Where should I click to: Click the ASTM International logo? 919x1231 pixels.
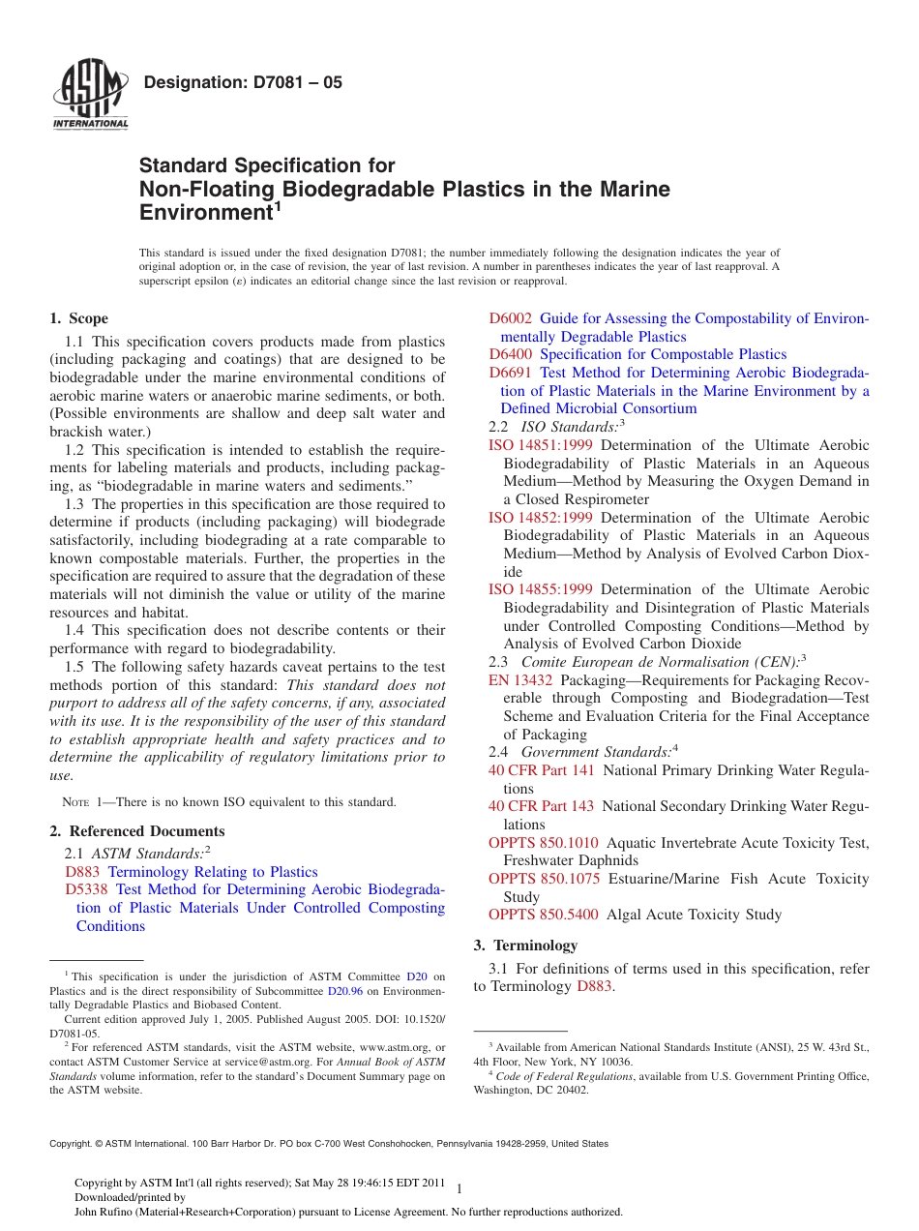[90, 95]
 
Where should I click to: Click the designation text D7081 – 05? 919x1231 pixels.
[242, 82]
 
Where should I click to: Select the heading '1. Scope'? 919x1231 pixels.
[78, 318]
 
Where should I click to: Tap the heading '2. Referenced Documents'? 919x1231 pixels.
[136, 831]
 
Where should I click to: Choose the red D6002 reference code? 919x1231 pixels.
[510, 318]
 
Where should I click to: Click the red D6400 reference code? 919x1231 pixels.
[510, 354]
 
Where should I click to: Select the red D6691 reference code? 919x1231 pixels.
[510, 373]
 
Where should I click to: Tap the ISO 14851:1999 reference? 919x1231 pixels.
[542, 445]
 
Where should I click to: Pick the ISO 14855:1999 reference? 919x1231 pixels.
[542, 589]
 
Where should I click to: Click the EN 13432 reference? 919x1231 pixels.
[520, 679]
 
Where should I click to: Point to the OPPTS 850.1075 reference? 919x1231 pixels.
[544, 879]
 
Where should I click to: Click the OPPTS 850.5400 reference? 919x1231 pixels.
[544, 915]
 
